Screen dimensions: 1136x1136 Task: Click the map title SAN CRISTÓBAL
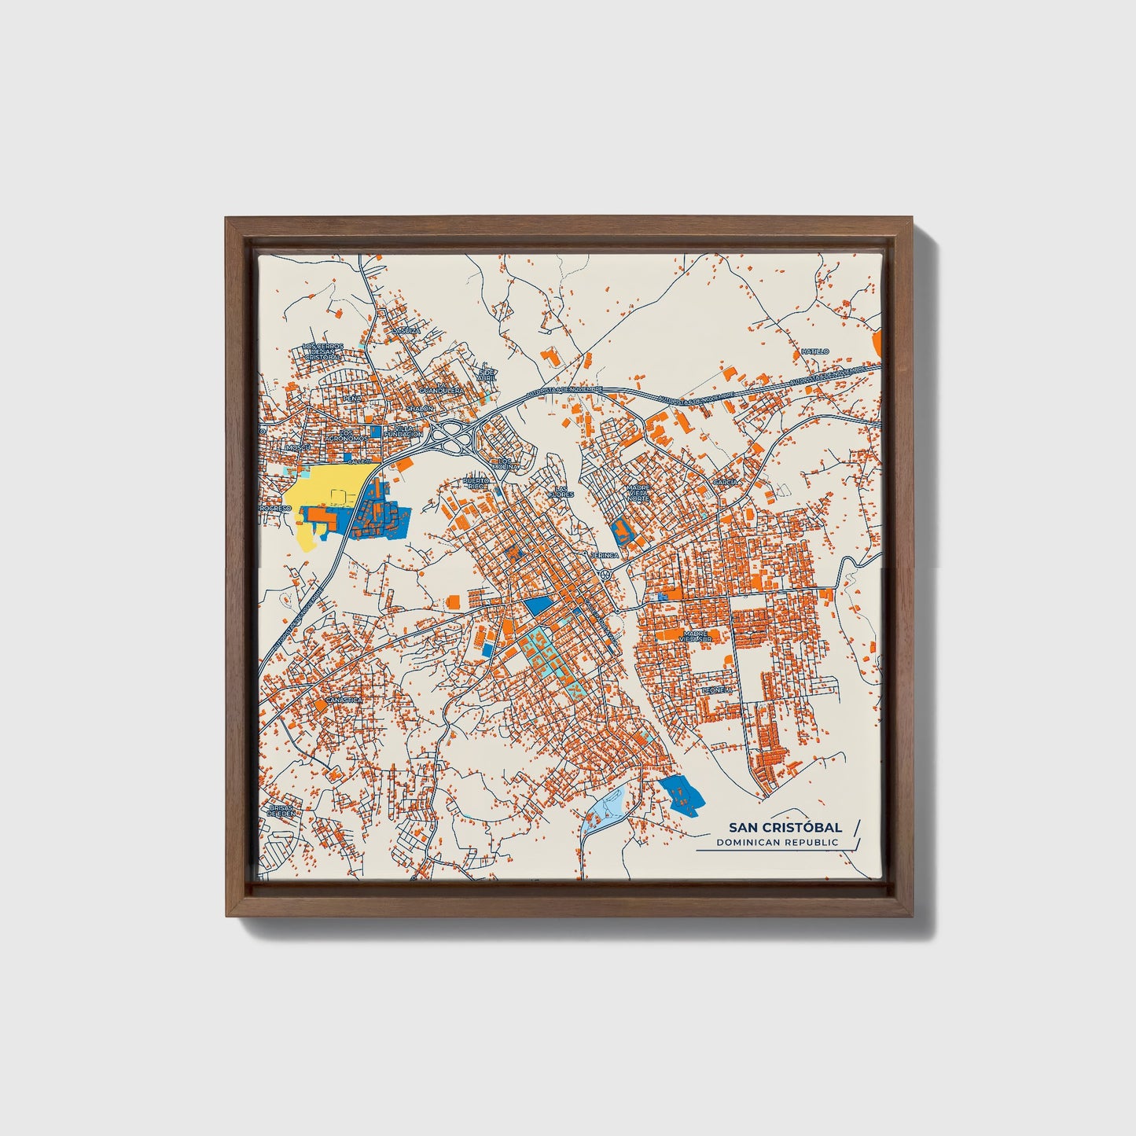tap(785, 827)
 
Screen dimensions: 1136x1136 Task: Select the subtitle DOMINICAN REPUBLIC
tap(777, 843)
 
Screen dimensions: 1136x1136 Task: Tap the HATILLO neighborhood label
tap(815, 351)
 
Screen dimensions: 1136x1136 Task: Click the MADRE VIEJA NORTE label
tap(638, 493)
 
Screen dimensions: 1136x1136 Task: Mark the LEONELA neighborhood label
tap(717, 689)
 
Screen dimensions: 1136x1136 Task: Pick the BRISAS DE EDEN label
tap(281, 811)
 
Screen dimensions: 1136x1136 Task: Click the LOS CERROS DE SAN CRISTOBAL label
tap(322, 351)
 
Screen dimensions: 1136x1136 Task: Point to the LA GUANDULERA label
tap(440, 390)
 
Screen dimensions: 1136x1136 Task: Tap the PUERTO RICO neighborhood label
tap(476, 483)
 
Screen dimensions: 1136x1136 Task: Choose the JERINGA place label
tap(606, 555)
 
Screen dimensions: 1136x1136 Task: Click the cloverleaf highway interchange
tap(450, 437)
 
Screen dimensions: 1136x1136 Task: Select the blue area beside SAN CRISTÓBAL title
tap(680, 794)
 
